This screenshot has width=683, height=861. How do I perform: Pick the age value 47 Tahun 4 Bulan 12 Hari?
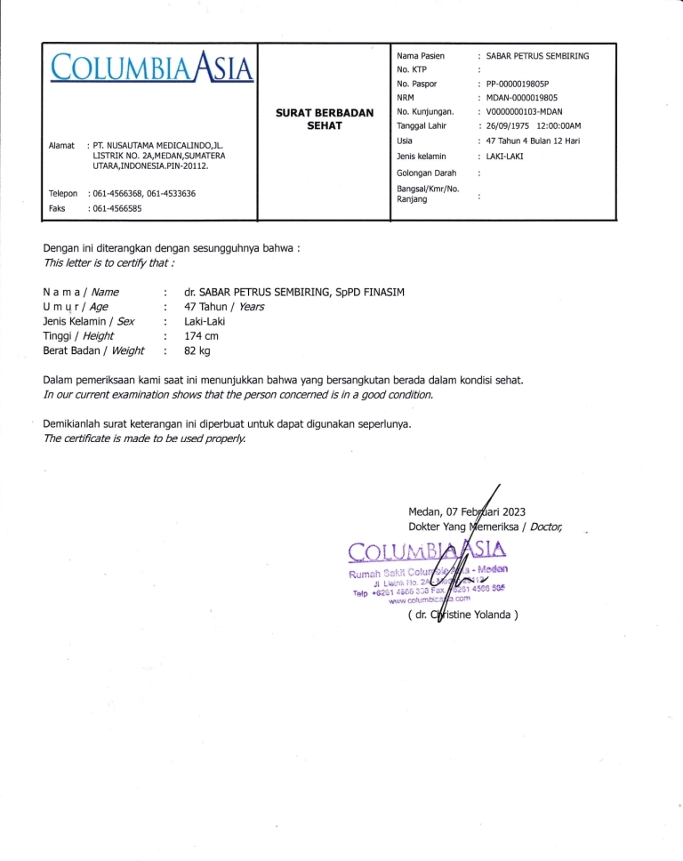tap(533, 141)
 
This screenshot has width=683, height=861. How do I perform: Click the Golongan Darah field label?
tap(426, 173)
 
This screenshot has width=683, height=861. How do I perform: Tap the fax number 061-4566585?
tap(117, 208)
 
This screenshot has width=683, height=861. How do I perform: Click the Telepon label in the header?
tap(63, 193)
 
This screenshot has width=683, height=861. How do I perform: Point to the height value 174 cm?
tap(201, 336)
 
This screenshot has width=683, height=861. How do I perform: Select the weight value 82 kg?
tap(197, 351)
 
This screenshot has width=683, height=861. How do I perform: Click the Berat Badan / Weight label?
tap(93, 351)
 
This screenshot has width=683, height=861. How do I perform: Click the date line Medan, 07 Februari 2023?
tap(468, 511)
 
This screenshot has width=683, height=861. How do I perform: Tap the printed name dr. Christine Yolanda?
tap(462, 614)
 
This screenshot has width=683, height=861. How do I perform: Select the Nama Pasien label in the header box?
tap(421, 55)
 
